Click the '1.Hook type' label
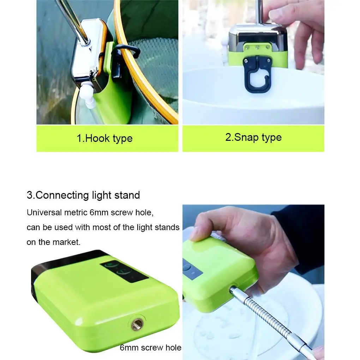coord(104,138)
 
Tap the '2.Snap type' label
coord(253,137)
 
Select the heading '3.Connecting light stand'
coord(83,195)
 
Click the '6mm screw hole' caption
coord(151,348)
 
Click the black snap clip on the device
coord(257,74)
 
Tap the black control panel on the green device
coord(124,271)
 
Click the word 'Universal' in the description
coord(44,212)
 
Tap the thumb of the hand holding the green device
coord(204,227)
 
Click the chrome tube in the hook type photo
coord(73,22)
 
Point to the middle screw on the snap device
coord(258,47)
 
